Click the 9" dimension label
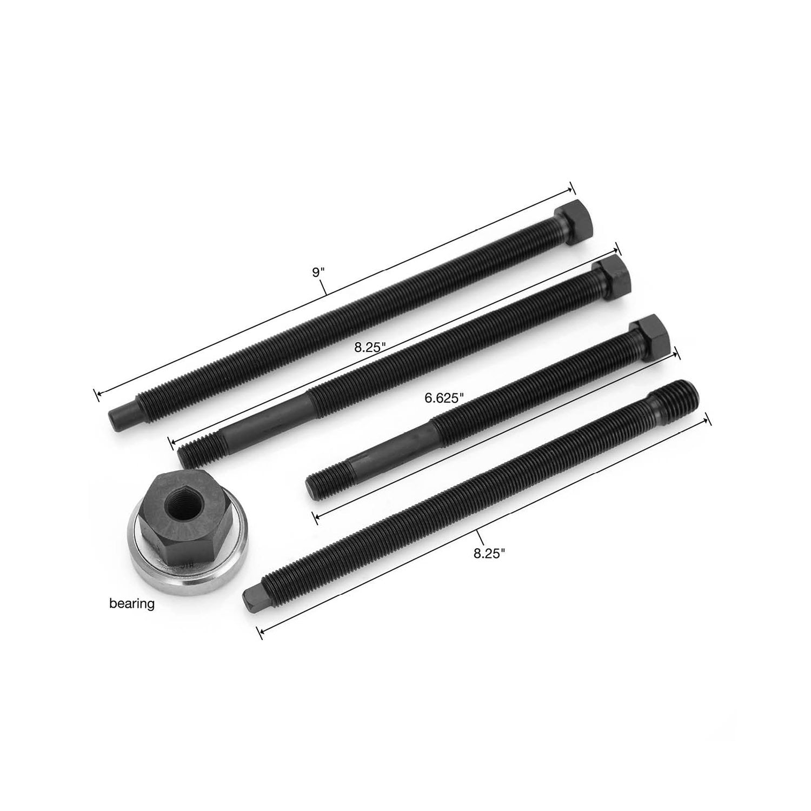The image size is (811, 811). pyautogui.click(x=317, y=272)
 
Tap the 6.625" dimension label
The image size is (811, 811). pyautogui.click(x=444, y=398)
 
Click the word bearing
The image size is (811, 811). pyautogui.click(x=132, y=604)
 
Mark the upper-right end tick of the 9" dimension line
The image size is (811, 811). pyautogui.click(x=571, y=189)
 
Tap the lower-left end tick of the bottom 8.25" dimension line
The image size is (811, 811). pyautogui.click(x=261, y=633)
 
